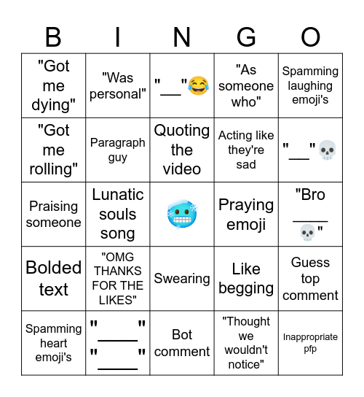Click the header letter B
coord(53,36)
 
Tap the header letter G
coord(246,36)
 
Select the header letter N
coord(182,36)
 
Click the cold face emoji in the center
coord(182,215)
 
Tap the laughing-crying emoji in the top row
coord(197,86)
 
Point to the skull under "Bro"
coord(310,232)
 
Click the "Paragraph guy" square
coord(118,150)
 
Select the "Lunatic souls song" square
coord(118,215)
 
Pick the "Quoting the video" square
coord(182,150)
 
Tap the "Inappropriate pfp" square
coord(310,343)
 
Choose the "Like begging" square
coord(246,279)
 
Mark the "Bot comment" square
coord(182,343)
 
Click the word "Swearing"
coord(182,279)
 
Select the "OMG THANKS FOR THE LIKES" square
coord(118,279)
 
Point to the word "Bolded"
coord(53,268)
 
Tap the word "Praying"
coord(246,205)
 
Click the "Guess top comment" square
coord(310,279)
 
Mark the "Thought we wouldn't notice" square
coord(246,343)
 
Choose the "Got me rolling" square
coord(53,150)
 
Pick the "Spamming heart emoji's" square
coord(53,343)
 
